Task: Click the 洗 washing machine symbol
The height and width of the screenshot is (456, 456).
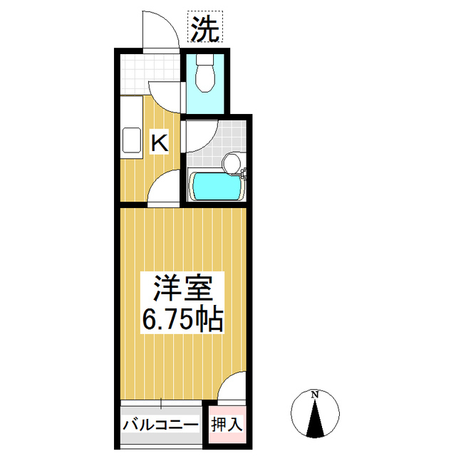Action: coord(205,28)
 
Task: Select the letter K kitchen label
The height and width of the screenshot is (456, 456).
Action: coord(158,142)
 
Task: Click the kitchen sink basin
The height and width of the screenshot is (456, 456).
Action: coord(132,140)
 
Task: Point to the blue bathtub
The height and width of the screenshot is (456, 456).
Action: coord(217,187)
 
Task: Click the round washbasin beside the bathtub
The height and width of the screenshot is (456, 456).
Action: coord(232,163)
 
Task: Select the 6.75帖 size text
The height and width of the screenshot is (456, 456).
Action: coord(183,320)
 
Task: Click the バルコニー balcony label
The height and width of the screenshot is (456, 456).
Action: coord(160,425)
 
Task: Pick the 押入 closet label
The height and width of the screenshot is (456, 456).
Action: coord(227,425)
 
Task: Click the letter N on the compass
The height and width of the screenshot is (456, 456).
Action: coord(313,394)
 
